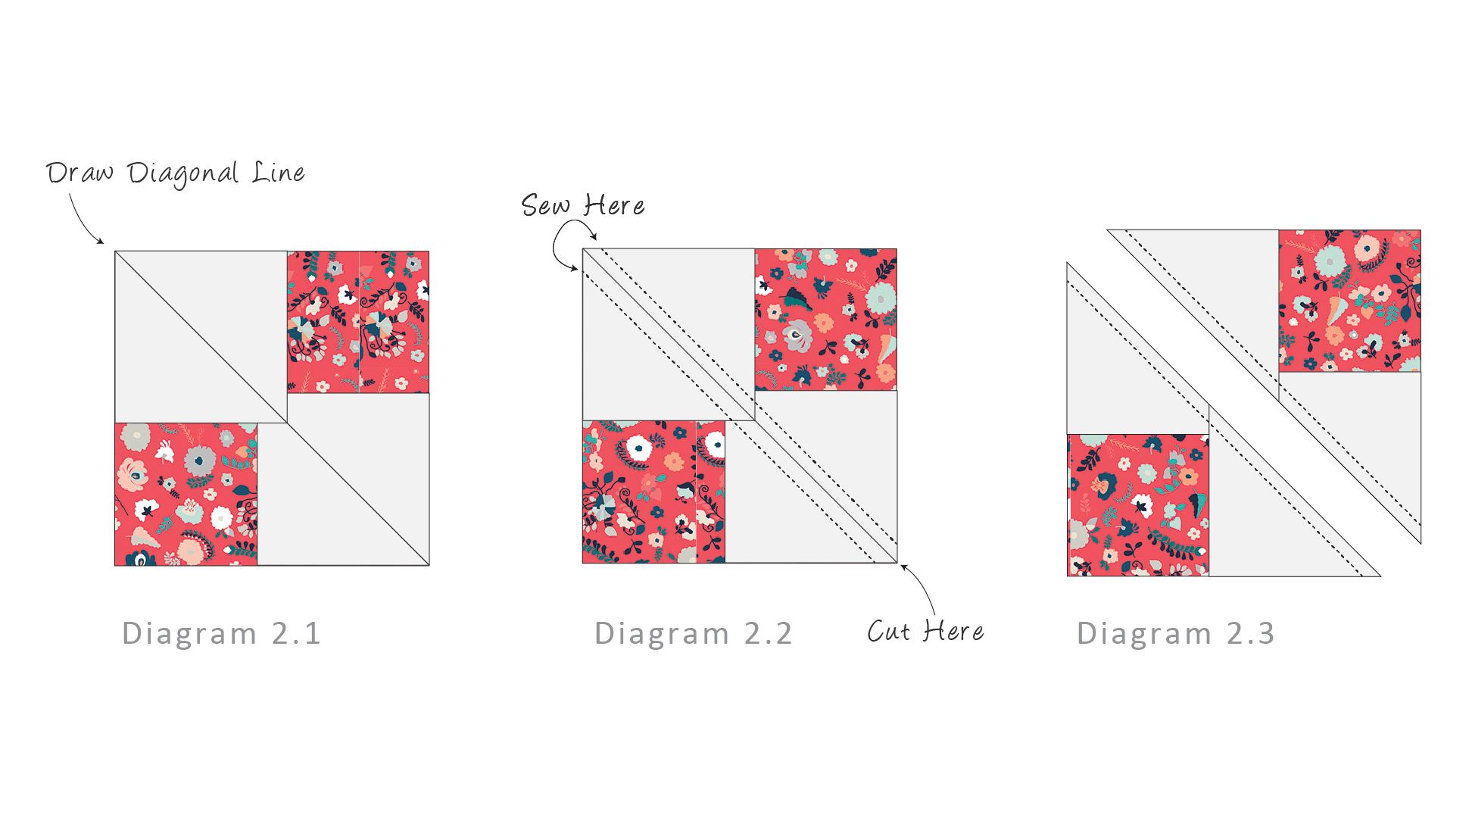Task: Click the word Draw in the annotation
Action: click(x=80, y=173)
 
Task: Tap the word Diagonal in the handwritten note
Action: click(x=182, y=174)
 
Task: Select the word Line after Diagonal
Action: click(x=279, y=173)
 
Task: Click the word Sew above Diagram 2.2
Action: click(x=545, y=205)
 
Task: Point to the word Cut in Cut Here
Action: click(x=888, y=631)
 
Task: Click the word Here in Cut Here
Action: click(x=953, y=631)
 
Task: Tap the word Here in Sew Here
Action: click(x=614, y=205)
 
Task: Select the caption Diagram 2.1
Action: click(x=221, y=633)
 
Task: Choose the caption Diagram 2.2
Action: click(x=693, y=633)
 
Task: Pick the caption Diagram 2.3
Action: click(x=1176, y=633)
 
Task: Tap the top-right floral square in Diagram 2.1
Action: click(x=358, y=322)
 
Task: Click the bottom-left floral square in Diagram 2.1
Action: click(x=186, y=494)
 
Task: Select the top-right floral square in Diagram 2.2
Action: click(x=826, y=320)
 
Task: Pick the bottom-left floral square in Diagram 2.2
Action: click(x=654, y=492)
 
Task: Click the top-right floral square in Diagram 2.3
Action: click(x=1350, y=301)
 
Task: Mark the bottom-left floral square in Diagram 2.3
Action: click(x=1138, y=505)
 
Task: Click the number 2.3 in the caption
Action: click(x=1251, y=633)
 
